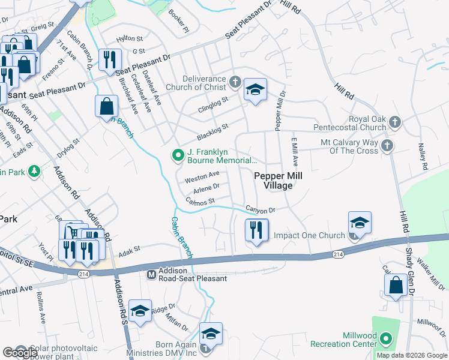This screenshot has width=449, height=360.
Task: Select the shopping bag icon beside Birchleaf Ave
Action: (106, 106)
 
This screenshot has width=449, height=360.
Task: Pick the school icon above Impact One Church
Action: (360, 223)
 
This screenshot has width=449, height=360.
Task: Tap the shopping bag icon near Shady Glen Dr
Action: (396, 286)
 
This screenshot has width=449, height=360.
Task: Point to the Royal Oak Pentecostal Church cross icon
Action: (394, 122)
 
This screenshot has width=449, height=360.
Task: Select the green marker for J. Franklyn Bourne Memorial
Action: (178, 155)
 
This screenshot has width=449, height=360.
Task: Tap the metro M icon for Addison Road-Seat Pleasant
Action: (151, 274)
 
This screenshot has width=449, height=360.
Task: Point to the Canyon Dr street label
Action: (260, 209)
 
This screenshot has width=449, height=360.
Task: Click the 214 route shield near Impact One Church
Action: (338, 255)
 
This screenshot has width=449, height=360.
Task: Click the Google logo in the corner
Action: (20, 353)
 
